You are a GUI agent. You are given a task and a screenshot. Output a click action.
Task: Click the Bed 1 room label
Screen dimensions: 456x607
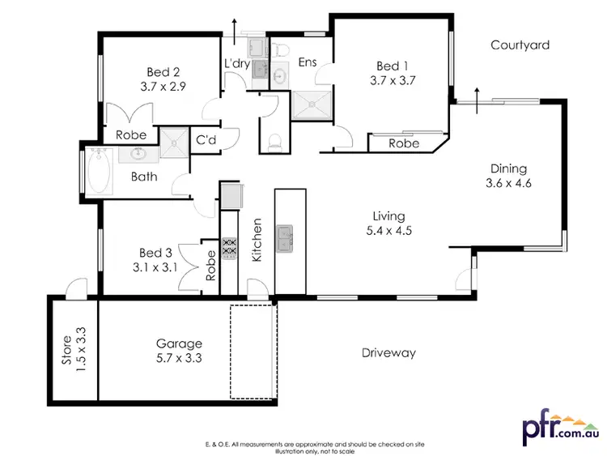point(388,66)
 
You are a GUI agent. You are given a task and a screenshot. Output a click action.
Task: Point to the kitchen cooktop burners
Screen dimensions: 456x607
point(229,248)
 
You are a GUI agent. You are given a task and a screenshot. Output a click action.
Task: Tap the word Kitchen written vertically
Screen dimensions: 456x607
point(258,239)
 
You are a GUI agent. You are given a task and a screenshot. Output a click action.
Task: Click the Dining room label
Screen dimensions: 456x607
point(508,168)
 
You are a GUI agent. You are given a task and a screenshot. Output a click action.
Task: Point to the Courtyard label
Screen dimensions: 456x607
point(520,45)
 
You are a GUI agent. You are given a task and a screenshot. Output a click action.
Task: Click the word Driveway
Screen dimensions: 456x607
point(388,352)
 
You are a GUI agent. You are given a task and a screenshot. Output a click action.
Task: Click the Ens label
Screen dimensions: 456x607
point(308,62)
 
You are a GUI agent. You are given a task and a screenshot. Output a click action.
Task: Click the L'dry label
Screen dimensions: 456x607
point(237,62)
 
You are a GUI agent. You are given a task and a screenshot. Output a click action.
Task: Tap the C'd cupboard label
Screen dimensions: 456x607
point(206,140)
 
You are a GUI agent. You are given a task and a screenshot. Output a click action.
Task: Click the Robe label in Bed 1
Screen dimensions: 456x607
point(403,143)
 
